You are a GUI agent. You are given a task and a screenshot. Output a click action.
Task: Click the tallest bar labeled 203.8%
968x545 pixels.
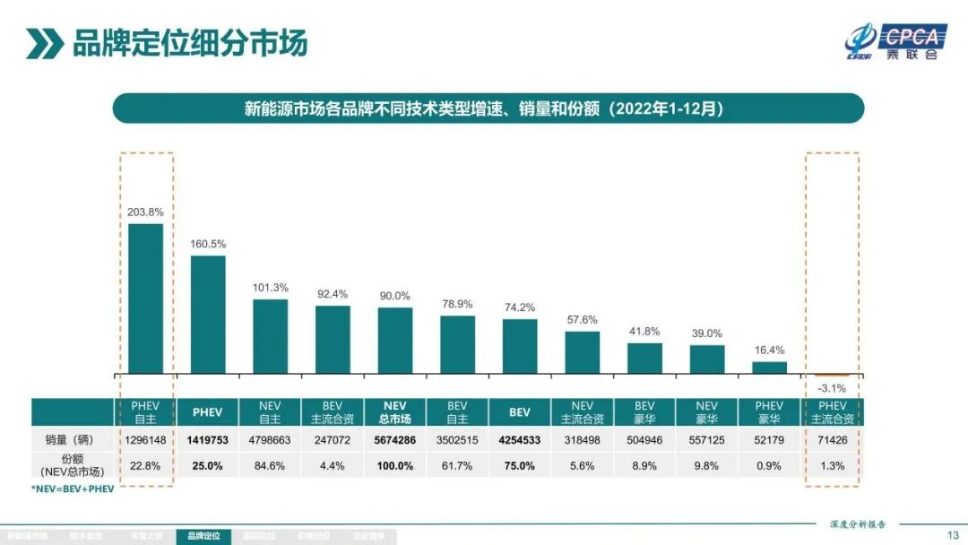click(145, 298)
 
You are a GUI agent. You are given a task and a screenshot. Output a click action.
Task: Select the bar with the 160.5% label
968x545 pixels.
click(208, 315)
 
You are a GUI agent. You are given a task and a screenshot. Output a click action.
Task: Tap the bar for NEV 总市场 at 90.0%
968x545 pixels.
click(395, 341)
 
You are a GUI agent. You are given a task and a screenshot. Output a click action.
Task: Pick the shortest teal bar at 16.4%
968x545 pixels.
click(769, 368)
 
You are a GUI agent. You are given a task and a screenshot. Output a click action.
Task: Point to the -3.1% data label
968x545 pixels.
click(833, 387)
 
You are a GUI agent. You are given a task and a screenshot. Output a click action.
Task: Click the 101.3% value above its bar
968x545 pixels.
click(270, 288)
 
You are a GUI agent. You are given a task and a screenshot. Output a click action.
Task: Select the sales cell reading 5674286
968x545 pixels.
click(395, 440)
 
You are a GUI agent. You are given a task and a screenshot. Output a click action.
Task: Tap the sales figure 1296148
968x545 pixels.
click(145, 440)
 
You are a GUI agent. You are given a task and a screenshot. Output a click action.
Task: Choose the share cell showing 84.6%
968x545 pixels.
click(270, 465)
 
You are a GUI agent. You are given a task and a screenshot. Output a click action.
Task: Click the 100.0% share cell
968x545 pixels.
click(395, 465)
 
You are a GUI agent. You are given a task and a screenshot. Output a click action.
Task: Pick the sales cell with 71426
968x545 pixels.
click(833, 440)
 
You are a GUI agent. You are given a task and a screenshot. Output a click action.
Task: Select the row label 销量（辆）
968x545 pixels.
click(73, 440)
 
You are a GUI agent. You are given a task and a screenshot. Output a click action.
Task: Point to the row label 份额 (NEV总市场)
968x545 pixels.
click(73, 465)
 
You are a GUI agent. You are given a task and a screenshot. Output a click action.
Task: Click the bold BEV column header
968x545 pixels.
click(520, 412)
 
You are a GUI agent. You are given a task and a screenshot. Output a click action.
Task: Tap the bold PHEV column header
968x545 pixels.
click(208, 412)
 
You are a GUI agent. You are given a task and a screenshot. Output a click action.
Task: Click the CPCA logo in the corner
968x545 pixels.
click(895, 41)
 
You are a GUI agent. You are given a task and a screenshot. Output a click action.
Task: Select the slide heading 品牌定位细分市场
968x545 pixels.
click(189, 42)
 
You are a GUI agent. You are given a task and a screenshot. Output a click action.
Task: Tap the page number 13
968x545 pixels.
click(952, 535)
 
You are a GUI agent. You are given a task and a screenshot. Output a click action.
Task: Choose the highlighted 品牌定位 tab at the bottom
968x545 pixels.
click(203, 536)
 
